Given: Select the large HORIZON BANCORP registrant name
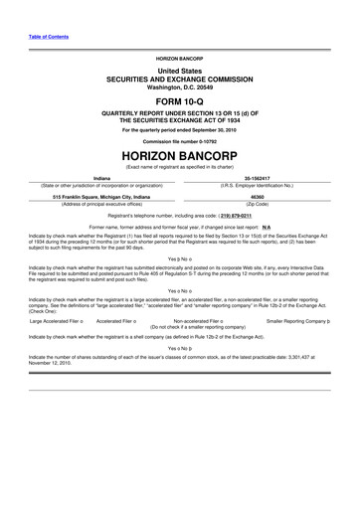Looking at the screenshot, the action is pos(179,156).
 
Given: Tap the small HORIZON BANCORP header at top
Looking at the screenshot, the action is pos(179,60).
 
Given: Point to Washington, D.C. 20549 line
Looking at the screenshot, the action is pos(179,87).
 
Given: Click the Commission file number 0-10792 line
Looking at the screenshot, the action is pos(179,141).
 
